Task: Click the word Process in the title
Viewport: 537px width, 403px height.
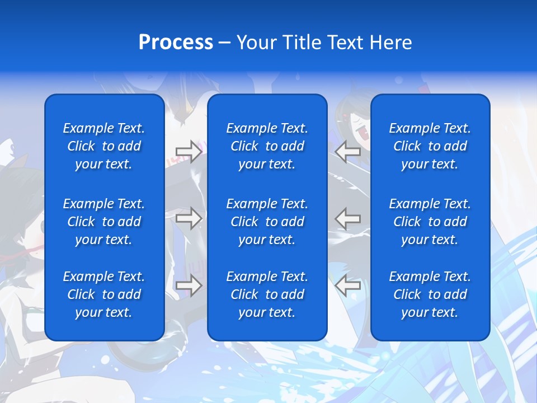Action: click(x=176, y=43)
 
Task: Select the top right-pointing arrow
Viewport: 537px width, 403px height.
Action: click(x=189, y=152)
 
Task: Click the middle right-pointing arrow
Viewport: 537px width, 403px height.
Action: click(x=189, y=218)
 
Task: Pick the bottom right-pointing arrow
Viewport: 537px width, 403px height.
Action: click(x=189, y=285)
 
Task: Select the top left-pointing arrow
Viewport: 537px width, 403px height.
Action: click(x=348, y=151)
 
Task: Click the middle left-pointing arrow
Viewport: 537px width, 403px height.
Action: click(x=348, y=218)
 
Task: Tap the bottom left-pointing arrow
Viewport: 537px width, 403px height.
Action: click(x=348, y=285)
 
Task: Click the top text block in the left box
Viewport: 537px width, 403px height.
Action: click(x=104, y=146)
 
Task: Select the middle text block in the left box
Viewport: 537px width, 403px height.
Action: click(x=104, y=222)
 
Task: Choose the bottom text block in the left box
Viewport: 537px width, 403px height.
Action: click(x=104, y=294)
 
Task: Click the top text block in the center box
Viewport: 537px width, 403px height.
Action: click(x=267, y=146)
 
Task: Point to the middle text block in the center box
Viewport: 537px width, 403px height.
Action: click(x=267, y=222)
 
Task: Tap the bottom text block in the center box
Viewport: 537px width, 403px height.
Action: click(x=267, y=294)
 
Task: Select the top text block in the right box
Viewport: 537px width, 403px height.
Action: click(x=430, y=146)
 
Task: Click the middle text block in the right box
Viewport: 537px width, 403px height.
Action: click(x=430, y=222)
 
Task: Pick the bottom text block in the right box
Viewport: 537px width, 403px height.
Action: click(x=430, y=294)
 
